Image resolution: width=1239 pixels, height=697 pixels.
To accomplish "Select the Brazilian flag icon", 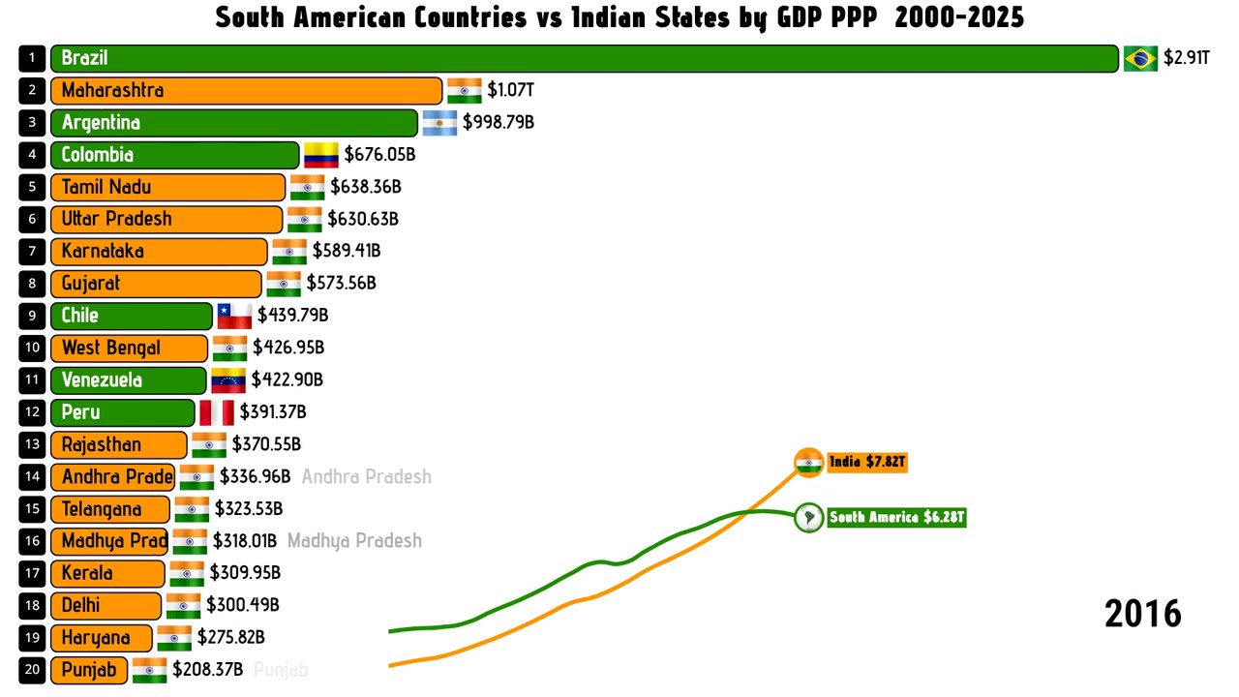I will tap(1140, 58).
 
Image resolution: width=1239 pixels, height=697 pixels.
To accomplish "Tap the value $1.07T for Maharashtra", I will tap(510, 90).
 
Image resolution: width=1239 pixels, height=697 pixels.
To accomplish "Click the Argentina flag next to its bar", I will tap(439, 123).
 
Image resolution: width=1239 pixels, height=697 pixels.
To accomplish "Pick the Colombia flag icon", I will tap(320, 155).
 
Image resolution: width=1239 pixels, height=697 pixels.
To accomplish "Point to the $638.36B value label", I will tap(365, 187).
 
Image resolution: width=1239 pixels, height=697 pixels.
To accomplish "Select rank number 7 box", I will tap(32, 252).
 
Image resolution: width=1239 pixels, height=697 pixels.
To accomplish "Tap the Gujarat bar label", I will tap(91, 284).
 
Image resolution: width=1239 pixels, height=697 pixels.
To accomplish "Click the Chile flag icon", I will tap(234, 316).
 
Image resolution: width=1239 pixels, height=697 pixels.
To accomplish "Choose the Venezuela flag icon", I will tap(228, 379).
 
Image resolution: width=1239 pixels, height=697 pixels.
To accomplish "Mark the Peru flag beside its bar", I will tap(217, 412).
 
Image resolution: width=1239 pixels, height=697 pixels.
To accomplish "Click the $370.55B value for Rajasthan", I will tap(266, 444).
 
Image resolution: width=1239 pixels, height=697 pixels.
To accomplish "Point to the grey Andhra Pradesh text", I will tap(366, 476).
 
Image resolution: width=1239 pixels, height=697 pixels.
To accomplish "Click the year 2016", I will tap(1142, 614).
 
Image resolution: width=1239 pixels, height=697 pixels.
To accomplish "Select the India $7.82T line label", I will tap(866, 462).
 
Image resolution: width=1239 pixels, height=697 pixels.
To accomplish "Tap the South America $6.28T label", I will tap(896, 517).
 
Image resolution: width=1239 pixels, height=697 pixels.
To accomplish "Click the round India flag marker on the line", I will tap(808, 463).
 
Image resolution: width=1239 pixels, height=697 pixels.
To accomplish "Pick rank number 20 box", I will tap(32, 670).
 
